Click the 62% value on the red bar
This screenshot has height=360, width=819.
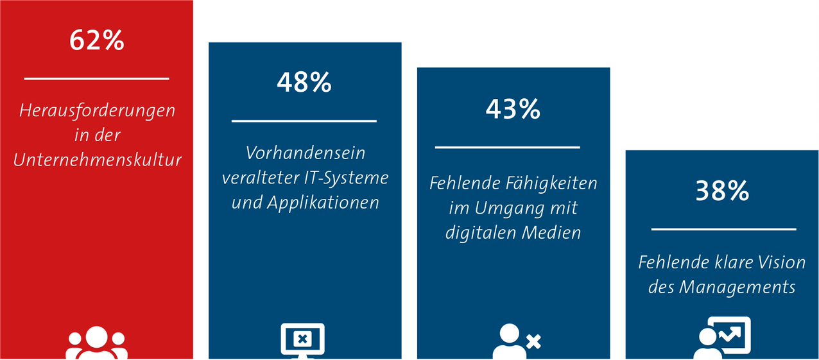pos(97,40)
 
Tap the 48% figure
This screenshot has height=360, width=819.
pos(304,82)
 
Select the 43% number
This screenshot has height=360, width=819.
pos(513,109)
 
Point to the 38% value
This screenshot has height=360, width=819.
pos(722,191)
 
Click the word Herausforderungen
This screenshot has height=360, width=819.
pos(98,111)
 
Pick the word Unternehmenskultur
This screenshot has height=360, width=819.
pos(98,160)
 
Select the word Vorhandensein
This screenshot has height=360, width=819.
pos(306,153)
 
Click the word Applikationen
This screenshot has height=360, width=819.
pos(323,203)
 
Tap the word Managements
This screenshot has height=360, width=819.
pos(737,287)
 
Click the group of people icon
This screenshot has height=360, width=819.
pos(97,343)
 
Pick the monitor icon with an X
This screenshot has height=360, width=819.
pos(303,341)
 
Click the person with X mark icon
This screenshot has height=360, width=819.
pos(517,341)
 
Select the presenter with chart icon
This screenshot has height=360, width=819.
pos(722,338)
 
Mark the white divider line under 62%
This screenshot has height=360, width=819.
pos(96,78)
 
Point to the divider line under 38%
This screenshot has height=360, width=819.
pos(723,229)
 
